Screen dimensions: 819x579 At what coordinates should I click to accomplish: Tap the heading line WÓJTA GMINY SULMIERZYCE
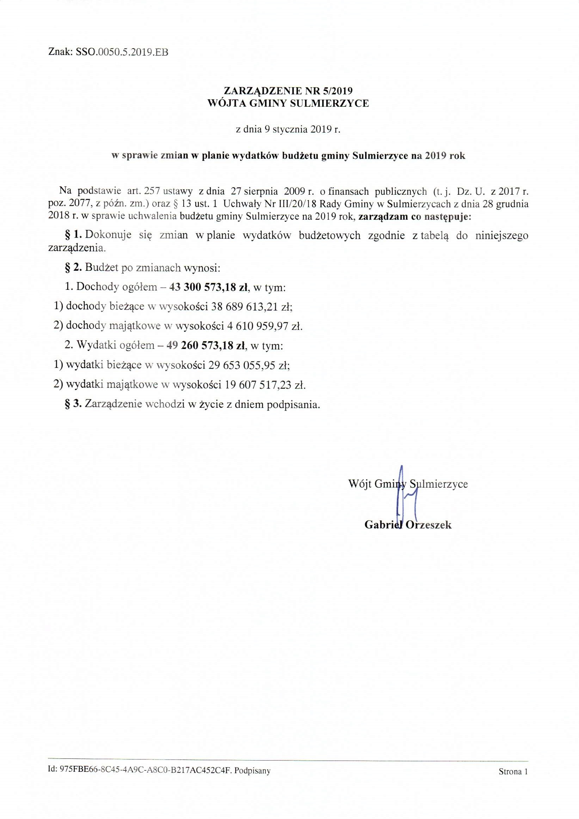[x=288, y=104]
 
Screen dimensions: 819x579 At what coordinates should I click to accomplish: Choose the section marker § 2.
[x=74, y=268]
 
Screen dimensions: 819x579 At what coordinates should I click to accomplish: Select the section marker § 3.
[x=74, y=404]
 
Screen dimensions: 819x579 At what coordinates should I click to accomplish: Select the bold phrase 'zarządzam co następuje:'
[x=414, y=217]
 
